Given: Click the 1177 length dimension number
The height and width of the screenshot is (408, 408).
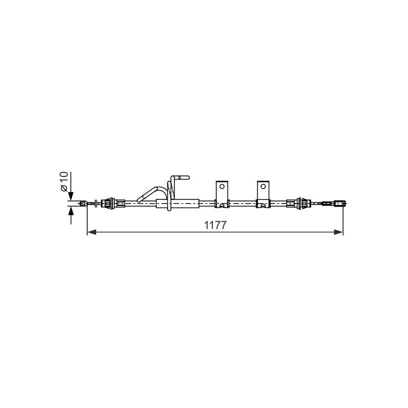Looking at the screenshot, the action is point(215,225).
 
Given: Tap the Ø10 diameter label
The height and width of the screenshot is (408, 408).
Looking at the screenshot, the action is point(64,182).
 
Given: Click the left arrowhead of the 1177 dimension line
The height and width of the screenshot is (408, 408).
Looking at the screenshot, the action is point(92,232).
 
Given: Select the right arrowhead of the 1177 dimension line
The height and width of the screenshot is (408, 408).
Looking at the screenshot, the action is point(338,232).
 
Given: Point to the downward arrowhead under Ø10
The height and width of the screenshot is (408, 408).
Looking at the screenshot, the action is point(71,196).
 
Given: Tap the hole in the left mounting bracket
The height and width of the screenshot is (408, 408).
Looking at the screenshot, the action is point(222,186).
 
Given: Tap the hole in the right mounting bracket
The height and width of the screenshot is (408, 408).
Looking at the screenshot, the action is point(263,186).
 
